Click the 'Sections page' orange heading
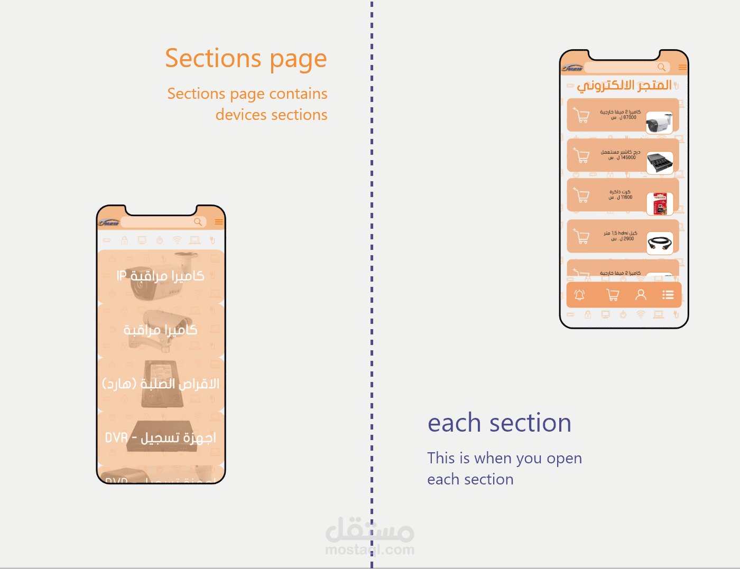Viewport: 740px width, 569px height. click(x=246, y=59)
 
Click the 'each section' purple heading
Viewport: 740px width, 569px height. click(x=499, y=423)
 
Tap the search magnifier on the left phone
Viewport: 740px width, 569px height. click(x=198, y=222)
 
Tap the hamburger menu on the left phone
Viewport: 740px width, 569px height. click(x=218, y=222)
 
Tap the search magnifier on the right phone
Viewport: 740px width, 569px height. click(x=661, y=67)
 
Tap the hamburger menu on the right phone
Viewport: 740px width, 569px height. click(x=682, y=67)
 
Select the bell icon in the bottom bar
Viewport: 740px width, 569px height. click(x=580, y=295)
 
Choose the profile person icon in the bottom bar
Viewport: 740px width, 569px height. click(x=641, y=295)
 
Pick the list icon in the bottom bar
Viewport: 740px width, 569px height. click(x=668, y=295)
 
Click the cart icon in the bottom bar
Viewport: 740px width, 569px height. click(x=613, y=295)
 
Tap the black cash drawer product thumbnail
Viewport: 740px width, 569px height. click(x=660, y=163)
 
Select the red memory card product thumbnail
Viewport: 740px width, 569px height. click(x=660, y=204)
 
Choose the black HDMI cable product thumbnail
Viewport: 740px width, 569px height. click(x=660, y=244)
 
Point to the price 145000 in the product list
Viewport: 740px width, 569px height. click(x=628, y=157)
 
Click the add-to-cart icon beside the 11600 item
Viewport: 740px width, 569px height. click(x=581, y=195)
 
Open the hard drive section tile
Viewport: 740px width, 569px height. click(x=161, y=384)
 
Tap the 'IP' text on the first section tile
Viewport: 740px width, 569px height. click(x=122, y=276)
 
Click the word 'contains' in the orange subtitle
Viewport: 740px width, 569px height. click(x=300, y=94)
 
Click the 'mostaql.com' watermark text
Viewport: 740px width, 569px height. click(x=369, y=550)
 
